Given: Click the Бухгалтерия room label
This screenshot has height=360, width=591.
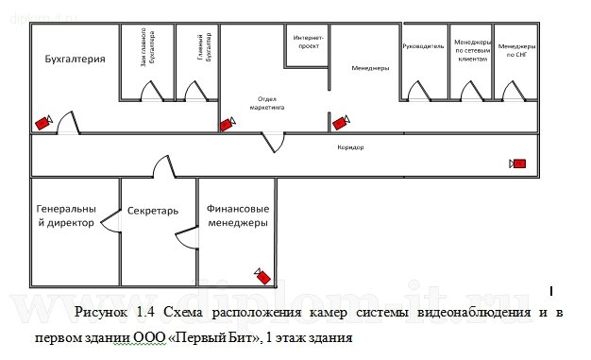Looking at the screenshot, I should (x=74, y=60).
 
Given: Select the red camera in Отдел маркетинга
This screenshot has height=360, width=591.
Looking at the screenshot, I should (x=228, y=123).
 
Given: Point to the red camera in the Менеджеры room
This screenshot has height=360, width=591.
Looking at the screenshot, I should (x=341, y=122).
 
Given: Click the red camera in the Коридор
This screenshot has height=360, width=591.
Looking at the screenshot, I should (x=517, y=163).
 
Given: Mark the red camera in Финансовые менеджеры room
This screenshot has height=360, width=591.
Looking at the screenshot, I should (x=262, y=275).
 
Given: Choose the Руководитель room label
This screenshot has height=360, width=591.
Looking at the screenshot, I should (x=423, y=45).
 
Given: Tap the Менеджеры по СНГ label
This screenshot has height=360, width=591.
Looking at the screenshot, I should (x=516, y=50).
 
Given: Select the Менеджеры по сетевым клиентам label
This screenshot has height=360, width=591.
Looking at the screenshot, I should (x=471, y=51).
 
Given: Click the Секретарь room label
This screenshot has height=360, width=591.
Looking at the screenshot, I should (x=153, y=211).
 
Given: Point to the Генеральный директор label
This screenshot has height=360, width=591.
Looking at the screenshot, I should (x=66, y=215).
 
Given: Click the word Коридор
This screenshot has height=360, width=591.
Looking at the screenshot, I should (x=350, y=148).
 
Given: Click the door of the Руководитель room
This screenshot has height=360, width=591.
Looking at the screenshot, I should (x=414, y=91).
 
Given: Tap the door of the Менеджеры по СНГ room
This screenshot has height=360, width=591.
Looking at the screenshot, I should (x=512, y=91).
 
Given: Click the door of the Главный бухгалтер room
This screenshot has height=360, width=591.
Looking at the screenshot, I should (x=195, y=91).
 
